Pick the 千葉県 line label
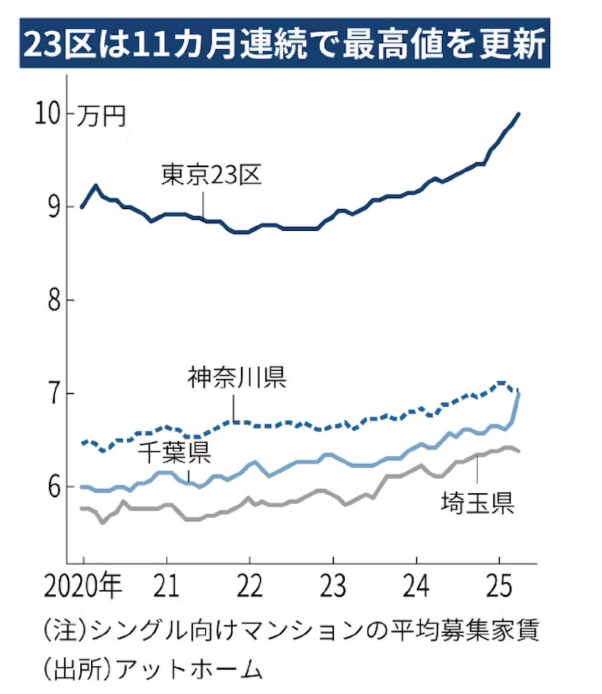(174, 453)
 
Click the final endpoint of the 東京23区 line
(519, 114)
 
